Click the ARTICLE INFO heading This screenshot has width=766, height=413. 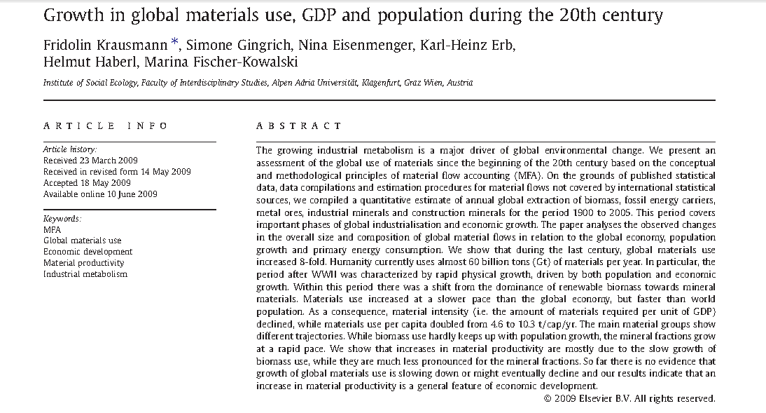point(106,126)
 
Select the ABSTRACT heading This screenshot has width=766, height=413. point(299,126)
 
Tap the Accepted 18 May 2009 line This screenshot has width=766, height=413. point(87,183)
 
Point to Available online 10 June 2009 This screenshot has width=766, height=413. point(100,194)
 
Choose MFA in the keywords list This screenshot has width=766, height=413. point(52,229)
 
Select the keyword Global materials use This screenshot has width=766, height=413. point(82,241)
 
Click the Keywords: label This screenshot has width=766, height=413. point(62,219)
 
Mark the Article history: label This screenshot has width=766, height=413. point(70,149)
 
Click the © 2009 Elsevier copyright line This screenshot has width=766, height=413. point(629,398)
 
